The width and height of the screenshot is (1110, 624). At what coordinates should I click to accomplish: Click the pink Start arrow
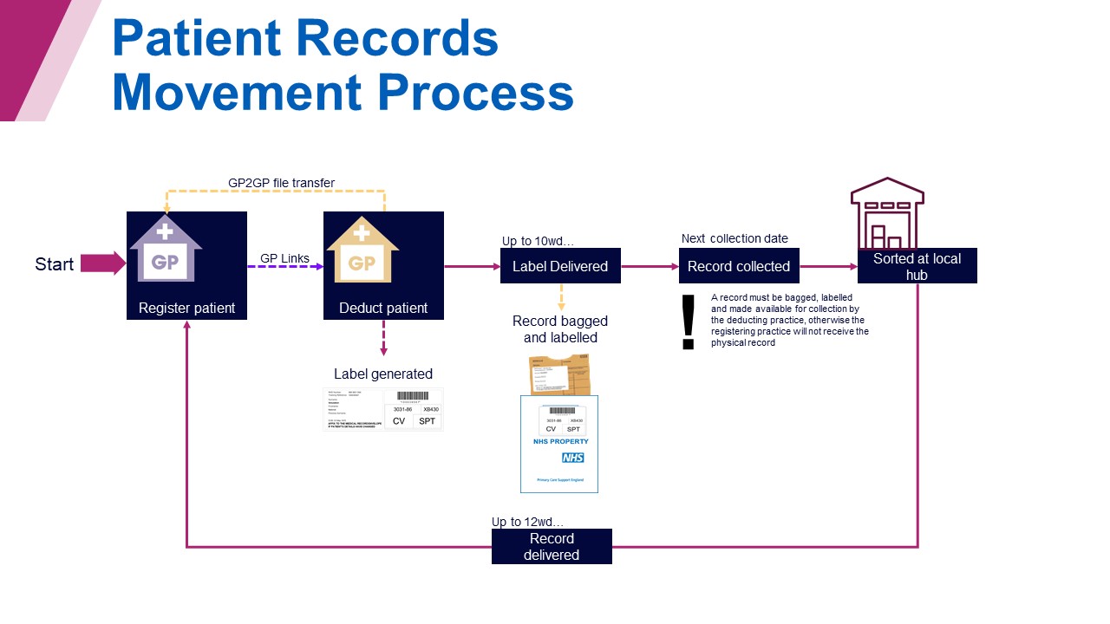[x=102, y=263]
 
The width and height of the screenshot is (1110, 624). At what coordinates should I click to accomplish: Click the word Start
[x=54, y=264]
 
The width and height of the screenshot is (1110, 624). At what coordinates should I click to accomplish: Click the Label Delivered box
[x=560, y=266]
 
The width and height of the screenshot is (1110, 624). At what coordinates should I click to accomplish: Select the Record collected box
[x=739, y=266]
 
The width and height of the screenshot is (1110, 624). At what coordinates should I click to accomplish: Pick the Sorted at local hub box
[x=917, y=266]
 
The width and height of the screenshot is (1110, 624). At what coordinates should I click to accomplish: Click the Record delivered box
[x=552, y=546]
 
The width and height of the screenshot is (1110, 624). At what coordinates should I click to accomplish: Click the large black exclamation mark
[x=689, y=322]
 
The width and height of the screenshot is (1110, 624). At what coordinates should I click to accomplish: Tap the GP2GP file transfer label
[x=281, y=183]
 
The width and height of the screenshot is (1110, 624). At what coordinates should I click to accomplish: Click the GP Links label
[x=284, y=258]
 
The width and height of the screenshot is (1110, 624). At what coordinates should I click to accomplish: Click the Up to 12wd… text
[x=527, y=522]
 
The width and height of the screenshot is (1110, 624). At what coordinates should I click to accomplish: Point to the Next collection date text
[x=735, y=238]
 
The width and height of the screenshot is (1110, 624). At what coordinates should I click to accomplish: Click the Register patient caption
[x=186, y=308]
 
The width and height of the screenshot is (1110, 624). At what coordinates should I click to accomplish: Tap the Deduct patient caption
[x=383, y=308]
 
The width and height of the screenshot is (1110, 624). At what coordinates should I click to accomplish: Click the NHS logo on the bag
[x=572, y=458]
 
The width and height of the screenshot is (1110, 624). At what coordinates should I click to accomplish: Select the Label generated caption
[x=383, y=374]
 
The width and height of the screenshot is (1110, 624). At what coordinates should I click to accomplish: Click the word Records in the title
[x=399, y=39]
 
